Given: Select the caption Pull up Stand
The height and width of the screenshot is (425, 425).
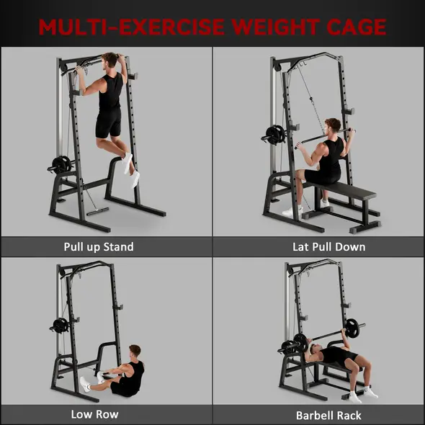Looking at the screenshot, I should (98, 247).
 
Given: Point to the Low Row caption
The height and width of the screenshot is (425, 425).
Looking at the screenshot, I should (94, 414).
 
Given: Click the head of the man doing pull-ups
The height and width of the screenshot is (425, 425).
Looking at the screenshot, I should (110, 61).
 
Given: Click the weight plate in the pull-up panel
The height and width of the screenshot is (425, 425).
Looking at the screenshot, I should (61, 164).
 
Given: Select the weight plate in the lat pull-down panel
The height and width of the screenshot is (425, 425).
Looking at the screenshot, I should (274, 135).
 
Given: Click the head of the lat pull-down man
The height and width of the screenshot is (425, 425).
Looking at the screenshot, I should (332, 127).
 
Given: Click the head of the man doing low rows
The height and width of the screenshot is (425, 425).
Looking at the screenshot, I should (134, 352).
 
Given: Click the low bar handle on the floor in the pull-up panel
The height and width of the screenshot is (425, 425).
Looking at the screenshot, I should (97, 212).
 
